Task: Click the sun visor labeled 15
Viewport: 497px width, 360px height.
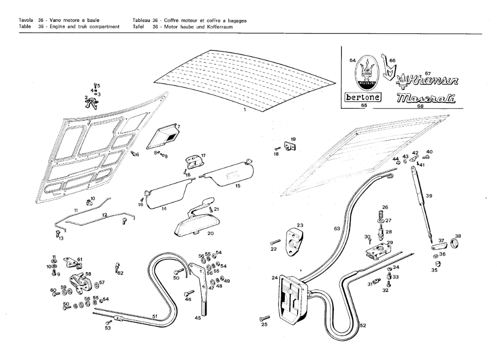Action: coord(227,175)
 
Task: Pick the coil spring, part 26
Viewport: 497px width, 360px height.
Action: coord(381,215)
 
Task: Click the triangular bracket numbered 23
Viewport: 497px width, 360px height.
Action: coord(295,240)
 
